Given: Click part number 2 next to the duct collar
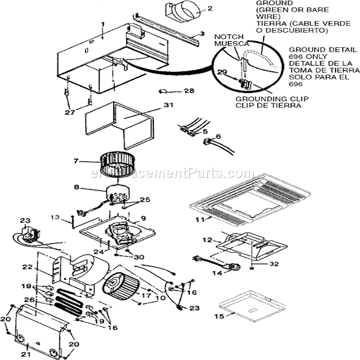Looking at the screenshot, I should pyautogui.click(x=194, y=9).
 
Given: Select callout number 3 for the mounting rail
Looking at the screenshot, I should pyautogui.click(x=201, y=34).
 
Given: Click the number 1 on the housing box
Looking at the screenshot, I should pyautogui.click(x=102, y=24).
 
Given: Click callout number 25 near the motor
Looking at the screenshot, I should pyautogui.click(x=145, y=200).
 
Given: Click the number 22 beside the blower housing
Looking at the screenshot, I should pyautogui.click(x=43, y=266).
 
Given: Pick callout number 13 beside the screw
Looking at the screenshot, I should pyautogui.click(x=54, y=217).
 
